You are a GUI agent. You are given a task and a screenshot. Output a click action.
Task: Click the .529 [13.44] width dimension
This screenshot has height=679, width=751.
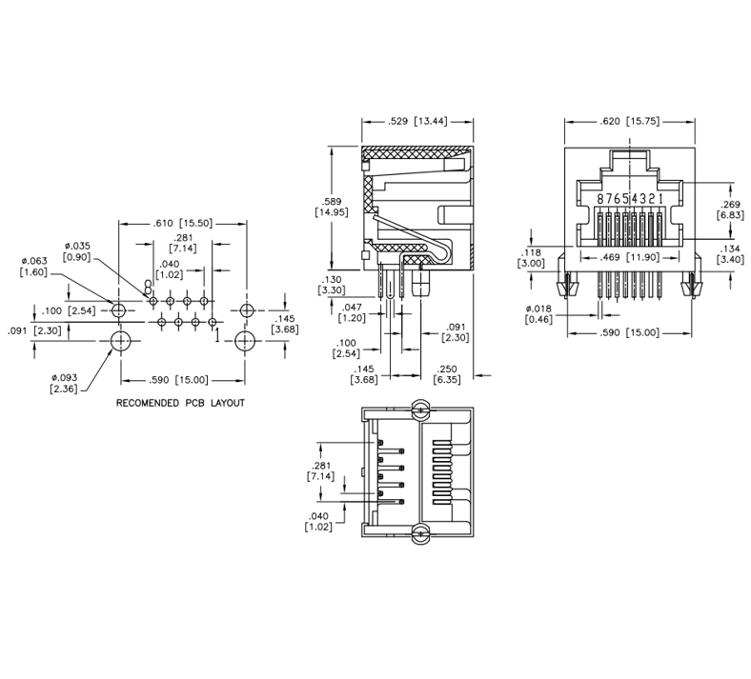pyautogui.click(x=417, y=122)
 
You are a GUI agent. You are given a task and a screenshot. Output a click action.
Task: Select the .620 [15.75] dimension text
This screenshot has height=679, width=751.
pyautogui.click(x=629, y=122)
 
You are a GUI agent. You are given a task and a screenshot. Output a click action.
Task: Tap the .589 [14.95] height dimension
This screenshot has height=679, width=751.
pyautogui.click(x=332, y=207)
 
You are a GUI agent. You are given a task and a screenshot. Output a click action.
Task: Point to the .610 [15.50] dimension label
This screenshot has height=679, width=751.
pyautogui.click(x=182, y=223)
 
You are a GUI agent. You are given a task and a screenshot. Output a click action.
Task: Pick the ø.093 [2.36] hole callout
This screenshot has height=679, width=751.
pyautogui.click(x=64, y=383)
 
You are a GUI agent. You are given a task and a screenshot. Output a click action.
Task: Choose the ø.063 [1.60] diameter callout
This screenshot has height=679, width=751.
pyautogui.click(x=33, y=267)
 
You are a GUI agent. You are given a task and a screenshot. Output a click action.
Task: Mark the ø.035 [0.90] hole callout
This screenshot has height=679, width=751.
pyautogui.click(x=76, y=251)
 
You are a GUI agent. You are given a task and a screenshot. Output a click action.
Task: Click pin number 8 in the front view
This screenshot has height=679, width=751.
pyautogui.click(x=600, y=199)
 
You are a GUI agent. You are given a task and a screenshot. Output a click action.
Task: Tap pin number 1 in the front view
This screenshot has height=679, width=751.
pyautogui.click(x=661, y=199)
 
